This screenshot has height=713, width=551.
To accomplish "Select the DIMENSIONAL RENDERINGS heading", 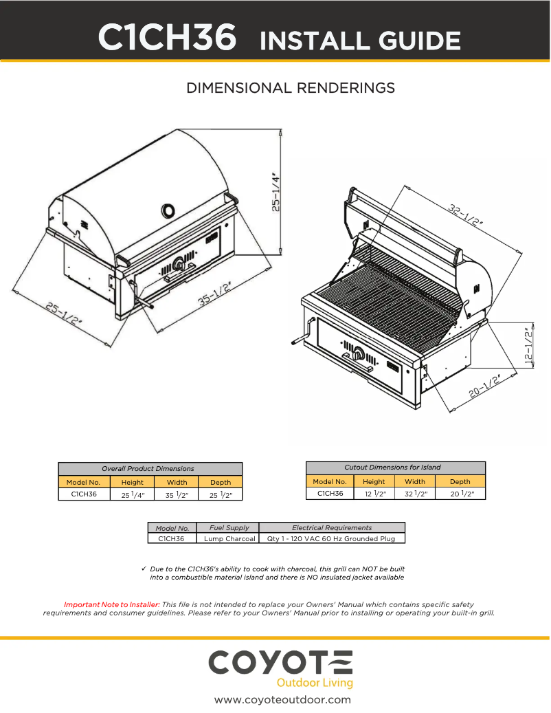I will click(291, 88).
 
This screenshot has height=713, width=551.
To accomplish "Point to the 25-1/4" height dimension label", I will click(275, 192).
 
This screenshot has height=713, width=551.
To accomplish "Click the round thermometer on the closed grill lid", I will click(168, 210).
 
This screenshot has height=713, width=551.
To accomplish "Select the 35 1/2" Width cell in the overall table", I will click(177, 494).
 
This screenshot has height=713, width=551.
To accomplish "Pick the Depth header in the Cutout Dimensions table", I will click(460, 481).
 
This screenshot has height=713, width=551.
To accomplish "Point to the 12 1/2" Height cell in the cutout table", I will click(374, 494).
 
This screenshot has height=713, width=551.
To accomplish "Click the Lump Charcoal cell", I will click(229, 538).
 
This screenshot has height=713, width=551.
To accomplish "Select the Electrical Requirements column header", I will click(332, 527).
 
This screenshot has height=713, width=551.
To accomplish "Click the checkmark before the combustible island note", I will click(144, 569).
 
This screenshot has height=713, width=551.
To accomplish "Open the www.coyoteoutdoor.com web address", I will click(282, 700).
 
